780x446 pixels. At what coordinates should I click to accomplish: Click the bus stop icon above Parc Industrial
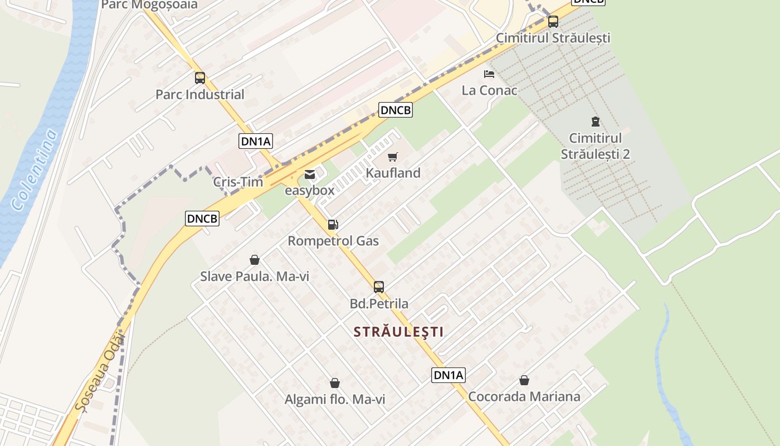[x=200, y=78]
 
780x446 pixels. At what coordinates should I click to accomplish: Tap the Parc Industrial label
[x=199, y=94]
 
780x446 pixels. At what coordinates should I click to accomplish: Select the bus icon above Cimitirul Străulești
[x=553, y=22]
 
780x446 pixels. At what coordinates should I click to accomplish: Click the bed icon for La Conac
[x=489, y=74]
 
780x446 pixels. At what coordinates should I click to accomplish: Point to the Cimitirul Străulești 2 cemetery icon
[x=595, y=121]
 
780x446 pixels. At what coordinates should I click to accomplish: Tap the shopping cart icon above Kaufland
[x=393, y=157]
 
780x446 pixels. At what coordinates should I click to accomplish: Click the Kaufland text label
[x=393, y=173]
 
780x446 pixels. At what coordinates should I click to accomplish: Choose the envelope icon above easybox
[x=309, y=175]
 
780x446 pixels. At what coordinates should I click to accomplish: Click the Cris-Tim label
[x=238, y=182]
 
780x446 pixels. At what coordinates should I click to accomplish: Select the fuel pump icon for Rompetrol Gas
[x=333, y=225]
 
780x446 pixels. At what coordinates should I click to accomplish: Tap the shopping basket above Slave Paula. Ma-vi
[x=255, y=260]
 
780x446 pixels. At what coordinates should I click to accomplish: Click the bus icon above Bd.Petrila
[x=379, y=287]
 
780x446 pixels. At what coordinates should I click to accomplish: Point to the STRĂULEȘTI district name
[x=399, y=332]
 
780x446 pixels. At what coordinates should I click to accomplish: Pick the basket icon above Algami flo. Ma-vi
[x=335, y=383]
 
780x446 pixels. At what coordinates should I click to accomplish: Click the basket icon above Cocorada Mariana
[x=524, y=380]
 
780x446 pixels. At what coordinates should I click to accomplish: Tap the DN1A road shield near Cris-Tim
[x=256, y=141]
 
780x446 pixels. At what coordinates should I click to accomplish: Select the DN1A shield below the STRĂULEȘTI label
[x=448, y=375]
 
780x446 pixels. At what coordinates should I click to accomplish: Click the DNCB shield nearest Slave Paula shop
[x=202, y=219]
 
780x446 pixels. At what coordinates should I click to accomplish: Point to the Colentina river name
[x=35, y=169]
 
